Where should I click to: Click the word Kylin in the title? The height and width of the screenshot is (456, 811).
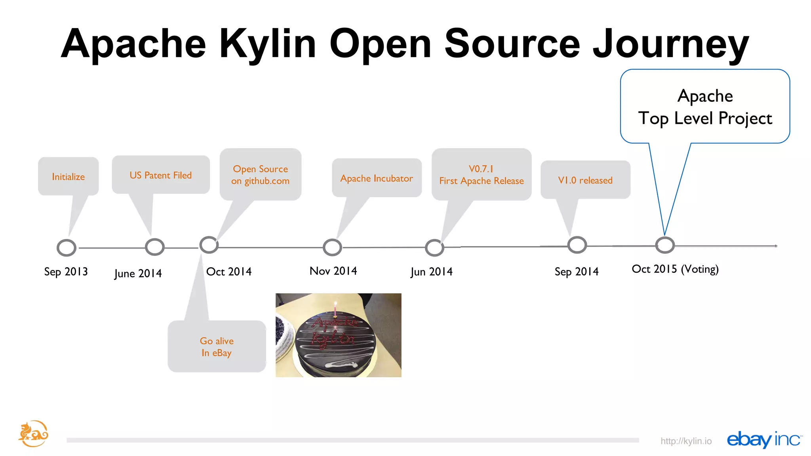coord(268,44)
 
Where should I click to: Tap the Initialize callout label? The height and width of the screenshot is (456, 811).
coord(68,177)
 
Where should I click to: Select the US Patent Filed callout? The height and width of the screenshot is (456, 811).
coord(160,175)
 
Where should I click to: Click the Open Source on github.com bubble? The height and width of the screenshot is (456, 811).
coord(260,175)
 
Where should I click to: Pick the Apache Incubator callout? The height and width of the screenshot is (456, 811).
coord(376,178)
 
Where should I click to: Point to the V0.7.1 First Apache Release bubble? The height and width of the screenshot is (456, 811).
coord(481,175)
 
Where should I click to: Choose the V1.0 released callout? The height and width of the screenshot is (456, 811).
coord(585,180)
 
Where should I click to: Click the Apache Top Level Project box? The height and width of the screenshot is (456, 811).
coord(705,107)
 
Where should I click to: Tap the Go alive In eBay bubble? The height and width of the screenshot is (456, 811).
coord(217,346)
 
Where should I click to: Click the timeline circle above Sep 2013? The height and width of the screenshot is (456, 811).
coord(67,248)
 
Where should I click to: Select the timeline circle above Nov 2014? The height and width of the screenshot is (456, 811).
coord(332,247)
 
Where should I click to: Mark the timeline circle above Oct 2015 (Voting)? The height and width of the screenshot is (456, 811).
coord(664,245)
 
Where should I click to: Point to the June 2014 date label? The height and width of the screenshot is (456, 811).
coord(138,273)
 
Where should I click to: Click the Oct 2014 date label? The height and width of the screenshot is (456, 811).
coord(228,272)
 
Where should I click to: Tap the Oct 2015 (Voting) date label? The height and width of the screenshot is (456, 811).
coord(675,269)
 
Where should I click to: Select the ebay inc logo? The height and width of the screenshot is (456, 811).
coord(764,439)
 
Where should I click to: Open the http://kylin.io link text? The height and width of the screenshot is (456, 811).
coord(686,441)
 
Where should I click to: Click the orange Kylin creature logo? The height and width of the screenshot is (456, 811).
coord(33,434)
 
